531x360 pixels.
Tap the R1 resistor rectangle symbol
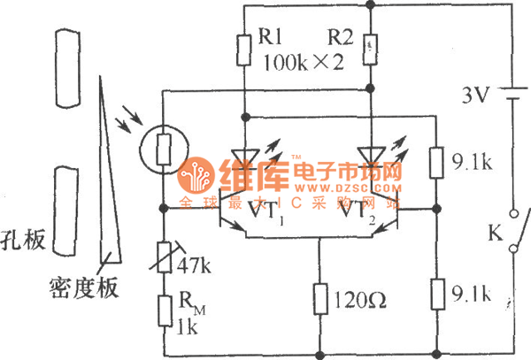click(242, 50)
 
